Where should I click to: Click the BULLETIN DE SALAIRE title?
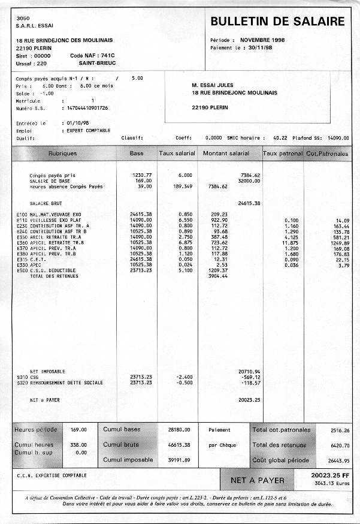[277, 22]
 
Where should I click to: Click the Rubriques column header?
[62, 153]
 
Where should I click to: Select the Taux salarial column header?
[177, 153]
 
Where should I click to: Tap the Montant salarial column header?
[226, 153]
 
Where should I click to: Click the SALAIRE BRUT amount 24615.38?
[249, 203]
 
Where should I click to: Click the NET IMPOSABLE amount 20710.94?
[249, 372]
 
